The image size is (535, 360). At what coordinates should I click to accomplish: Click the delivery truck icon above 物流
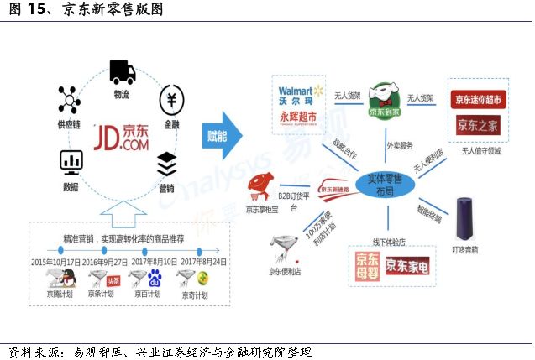(121, 72)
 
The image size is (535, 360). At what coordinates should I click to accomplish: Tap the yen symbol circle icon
(171, 100)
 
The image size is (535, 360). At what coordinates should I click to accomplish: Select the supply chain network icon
(69, 99)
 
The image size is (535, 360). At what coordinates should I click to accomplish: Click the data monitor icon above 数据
(71, 162)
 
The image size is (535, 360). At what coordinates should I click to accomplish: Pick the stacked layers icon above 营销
(166, 161)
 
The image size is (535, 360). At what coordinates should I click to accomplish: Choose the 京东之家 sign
(478, 125)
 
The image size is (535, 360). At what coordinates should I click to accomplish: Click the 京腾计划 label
(60, 295)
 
